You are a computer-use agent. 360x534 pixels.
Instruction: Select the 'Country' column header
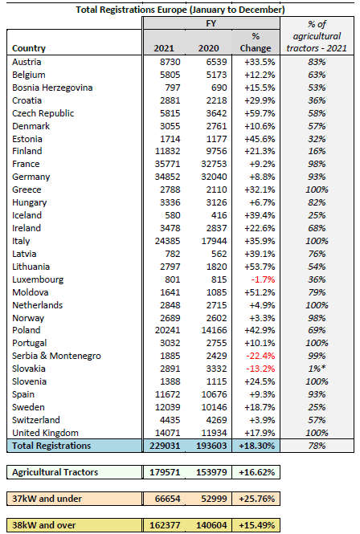[29, 48]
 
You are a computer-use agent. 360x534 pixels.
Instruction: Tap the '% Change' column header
[256, 43]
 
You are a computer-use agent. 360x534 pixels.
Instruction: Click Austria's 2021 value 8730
[170, 62]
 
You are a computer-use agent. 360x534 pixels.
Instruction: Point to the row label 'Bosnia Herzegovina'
[52, 88]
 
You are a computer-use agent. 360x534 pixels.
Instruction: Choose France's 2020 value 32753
[214, 164]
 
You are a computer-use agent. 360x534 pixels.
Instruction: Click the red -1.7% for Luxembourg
[263, 279]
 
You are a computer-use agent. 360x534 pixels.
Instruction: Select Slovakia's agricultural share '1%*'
[317, 369]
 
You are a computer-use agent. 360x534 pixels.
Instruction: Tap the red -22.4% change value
[260, 356]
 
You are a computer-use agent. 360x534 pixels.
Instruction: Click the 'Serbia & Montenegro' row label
[56, 356]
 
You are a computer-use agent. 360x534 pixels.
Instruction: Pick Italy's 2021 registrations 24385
[168, 241]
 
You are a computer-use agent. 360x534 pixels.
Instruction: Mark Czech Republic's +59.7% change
[260, 113]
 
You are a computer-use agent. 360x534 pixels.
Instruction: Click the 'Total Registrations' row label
[51, 446]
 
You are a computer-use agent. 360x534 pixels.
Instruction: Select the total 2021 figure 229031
[165, 446]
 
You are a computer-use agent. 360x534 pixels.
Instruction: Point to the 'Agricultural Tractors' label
[55, 472]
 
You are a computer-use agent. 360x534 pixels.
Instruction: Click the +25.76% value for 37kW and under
[256, 499]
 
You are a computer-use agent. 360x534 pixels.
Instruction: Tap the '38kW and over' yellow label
[44, 525]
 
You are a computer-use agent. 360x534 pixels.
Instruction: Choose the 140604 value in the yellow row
[211, 525]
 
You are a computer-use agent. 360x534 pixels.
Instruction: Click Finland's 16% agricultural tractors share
[317, 151]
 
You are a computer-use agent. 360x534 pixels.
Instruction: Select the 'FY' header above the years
[211, 23]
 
